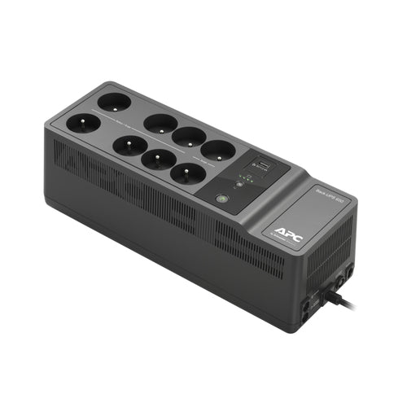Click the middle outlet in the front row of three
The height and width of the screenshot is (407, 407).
pyautogui.click(x=157, y=159)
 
